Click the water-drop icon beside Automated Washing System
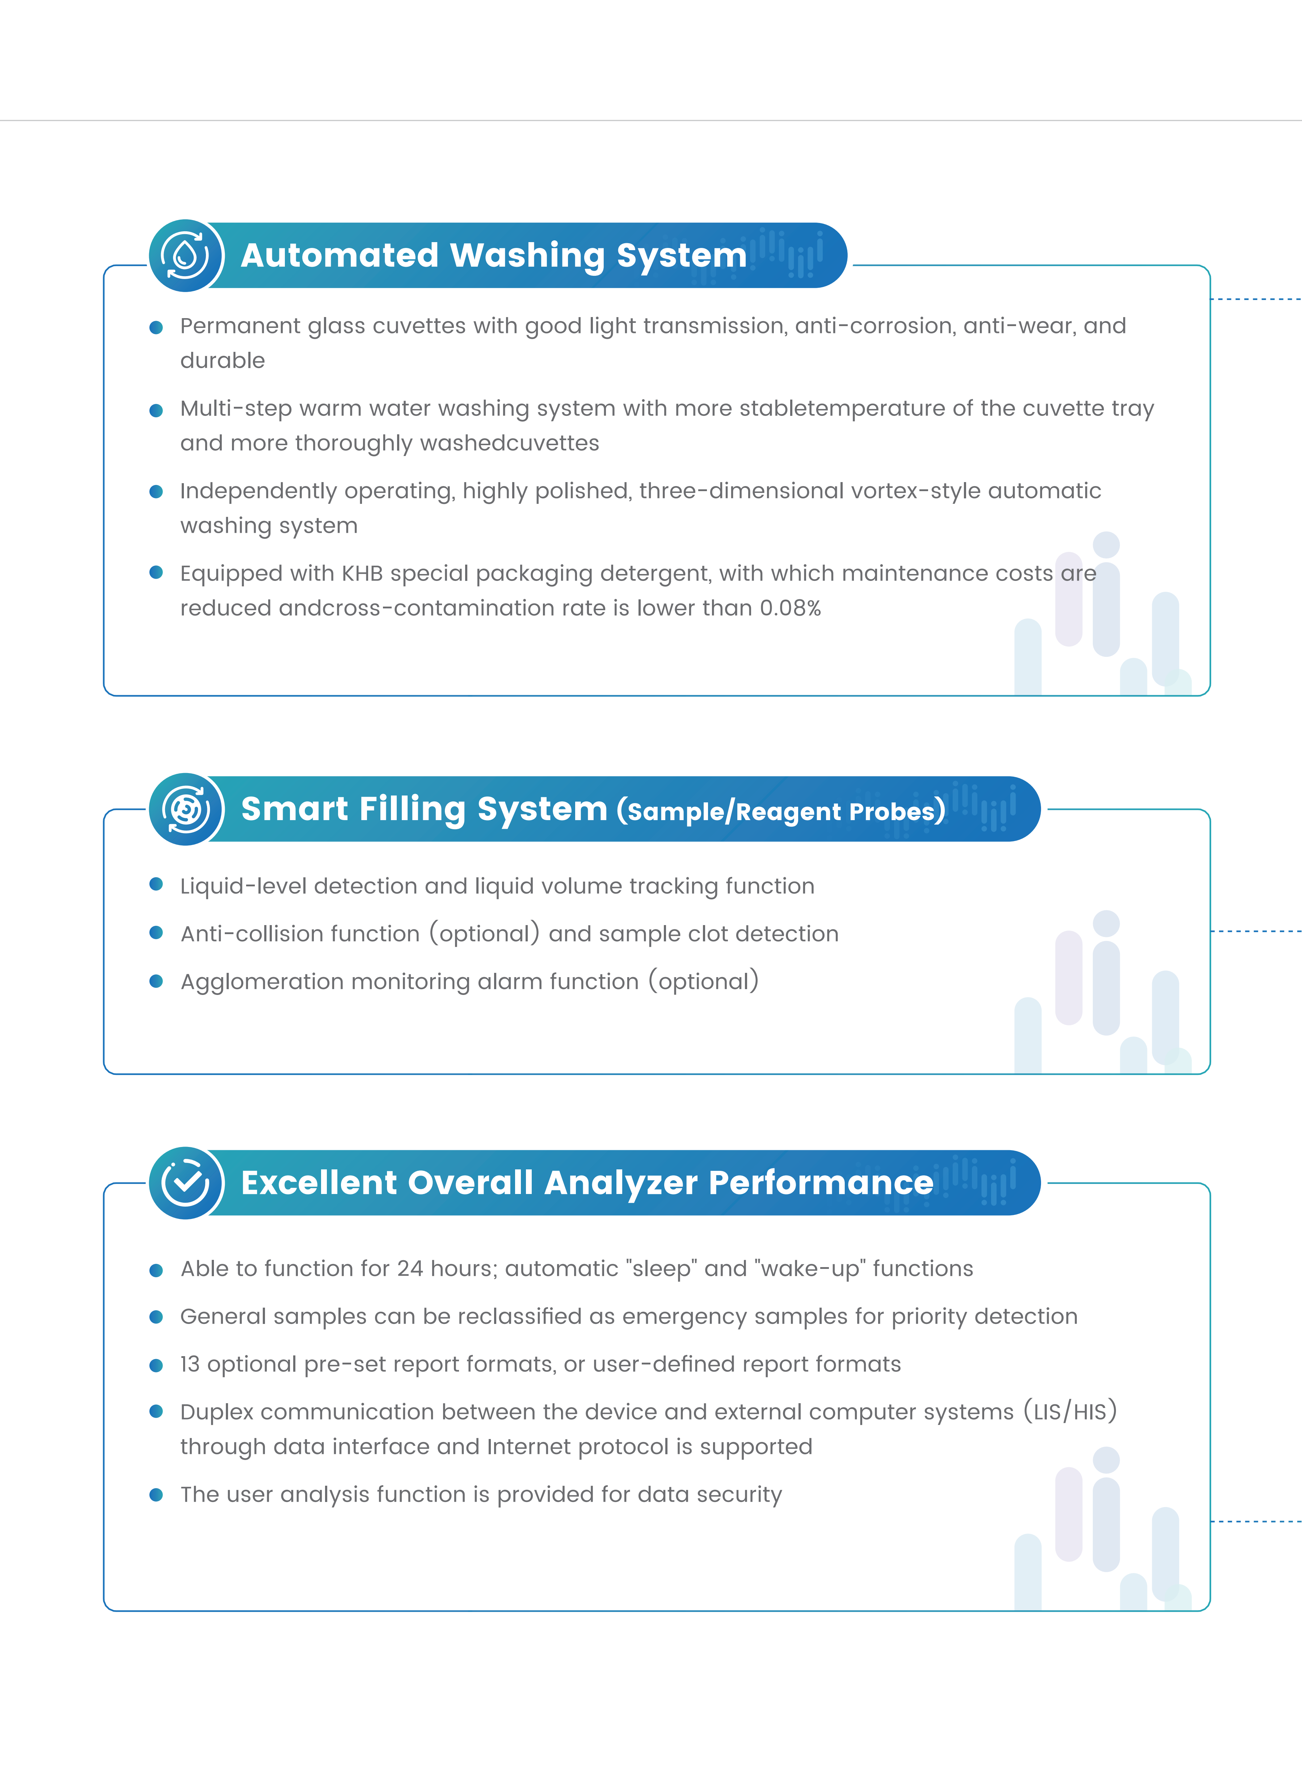186,256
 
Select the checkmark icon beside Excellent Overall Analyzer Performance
186,1182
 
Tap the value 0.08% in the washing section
790,608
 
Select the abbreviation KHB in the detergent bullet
362,573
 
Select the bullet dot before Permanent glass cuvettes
156,327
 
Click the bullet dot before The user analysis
156,1495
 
